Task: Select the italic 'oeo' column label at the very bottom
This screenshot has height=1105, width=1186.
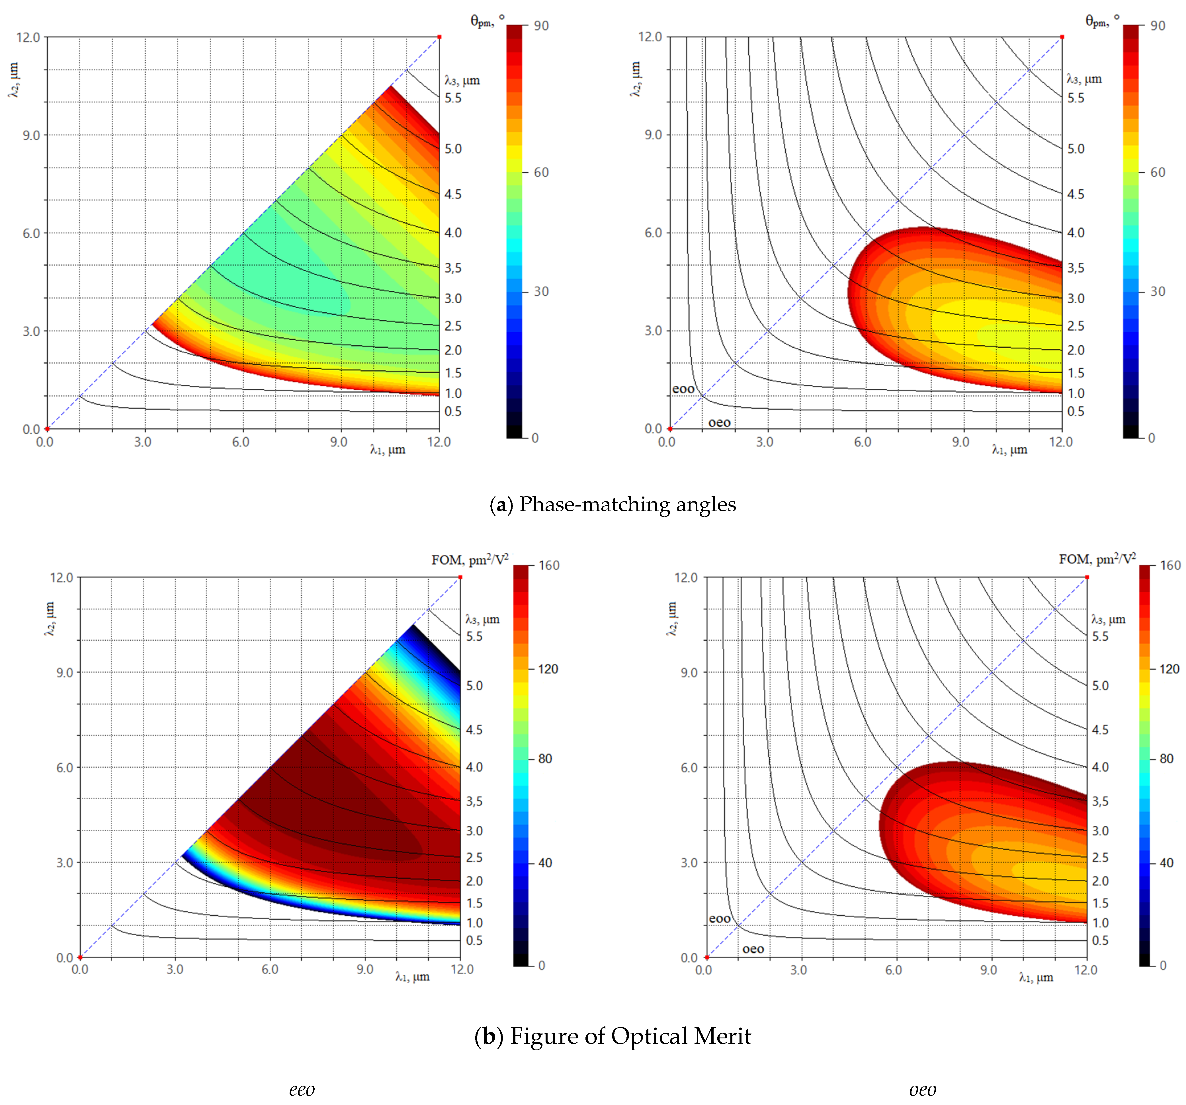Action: [922, 1090]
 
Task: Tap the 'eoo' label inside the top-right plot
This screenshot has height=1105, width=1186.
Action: [683, 389]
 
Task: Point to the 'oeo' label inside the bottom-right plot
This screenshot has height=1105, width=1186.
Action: [753, 949]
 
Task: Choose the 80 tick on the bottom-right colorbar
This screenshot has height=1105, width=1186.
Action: [1166, 759]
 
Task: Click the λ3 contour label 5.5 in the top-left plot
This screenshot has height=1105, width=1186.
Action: [453, 98]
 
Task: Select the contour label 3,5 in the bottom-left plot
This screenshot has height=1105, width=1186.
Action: [474, 801]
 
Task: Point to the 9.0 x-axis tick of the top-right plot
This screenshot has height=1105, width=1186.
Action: [960, 442]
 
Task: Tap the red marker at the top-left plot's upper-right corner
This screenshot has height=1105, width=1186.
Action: [440, 37]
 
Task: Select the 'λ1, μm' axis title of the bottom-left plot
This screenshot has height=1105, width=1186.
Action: [412, 977]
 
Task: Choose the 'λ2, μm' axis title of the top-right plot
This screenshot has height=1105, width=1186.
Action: [635, 79]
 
